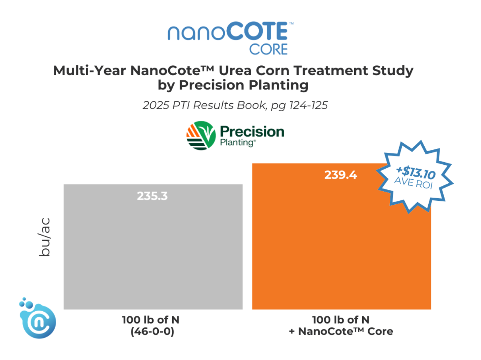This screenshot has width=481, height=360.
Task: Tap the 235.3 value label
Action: point(152,196)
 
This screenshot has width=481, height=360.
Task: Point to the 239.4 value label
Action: point(340,175)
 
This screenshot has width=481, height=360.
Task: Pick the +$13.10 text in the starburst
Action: point(416,171)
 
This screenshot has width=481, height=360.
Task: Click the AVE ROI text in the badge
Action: point(413,183)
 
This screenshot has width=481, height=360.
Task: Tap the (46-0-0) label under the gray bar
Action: point(152,332)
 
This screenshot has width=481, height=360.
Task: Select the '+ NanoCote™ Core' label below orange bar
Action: point(341,332)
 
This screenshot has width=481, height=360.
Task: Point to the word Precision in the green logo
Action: point(252,132)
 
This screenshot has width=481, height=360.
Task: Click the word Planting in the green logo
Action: point(237,143)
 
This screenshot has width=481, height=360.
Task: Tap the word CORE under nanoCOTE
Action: point(268,49)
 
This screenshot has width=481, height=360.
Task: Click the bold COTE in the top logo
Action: point(258,32)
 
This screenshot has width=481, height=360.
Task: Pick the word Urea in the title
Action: point(235,71)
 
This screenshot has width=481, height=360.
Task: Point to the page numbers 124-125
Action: point(308,105)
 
